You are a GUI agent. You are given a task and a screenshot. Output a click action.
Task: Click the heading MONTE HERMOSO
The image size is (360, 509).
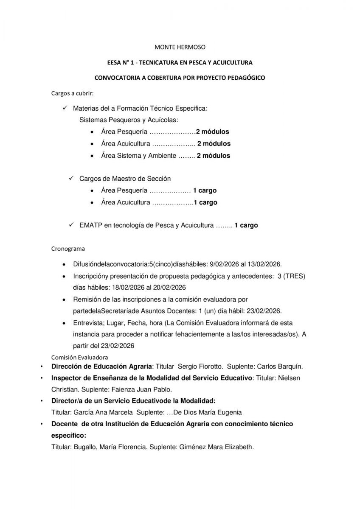point(180,47)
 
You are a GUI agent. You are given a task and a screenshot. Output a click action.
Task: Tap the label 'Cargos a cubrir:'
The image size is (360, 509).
point(72,93)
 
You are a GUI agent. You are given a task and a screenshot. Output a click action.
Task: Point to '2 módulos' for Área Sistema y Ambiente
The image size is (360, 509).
point(214,156)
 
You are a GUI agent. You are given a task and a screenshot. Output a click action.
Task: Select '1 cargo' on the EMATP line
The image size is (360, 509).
point(246,226)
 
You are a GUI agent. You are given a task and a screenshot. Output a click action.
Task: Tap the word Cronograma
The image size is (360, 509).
point(68,248)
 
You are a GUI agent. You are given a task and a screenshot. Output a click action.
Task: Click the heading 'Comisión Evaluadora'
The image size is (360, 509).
point(79,357)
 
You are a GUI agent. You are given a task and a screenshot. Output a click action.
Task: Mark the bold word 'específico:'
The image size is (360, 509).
point(68,435)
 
